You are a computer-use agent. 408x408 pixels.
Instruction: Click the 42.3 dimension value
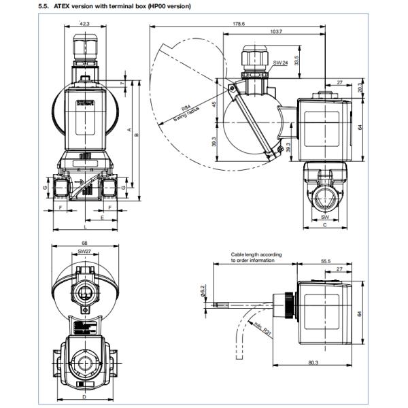pyautogui.click(x=84, y=23)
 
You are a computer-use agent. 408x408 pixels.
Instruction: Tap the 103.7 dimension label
pyautogui.click(x=276, y=32)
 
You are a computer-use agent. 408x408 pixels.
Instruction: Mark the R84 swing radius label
pyautogui.click(x=185, y=108)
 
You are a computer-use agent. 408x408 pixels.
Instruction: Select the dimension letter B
pyautogui.click(x=139, y=135)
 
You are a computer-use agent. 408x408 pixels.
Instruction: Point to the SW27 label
pyautogui.click(x=84, y=252)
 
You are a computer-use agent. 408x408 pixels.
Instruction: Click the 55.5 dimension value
pyautogui.click(x=325, y=261)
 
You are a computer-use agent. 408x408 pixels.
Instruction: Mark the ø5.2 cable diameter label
pyautogui.click(x=203, y=291)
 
